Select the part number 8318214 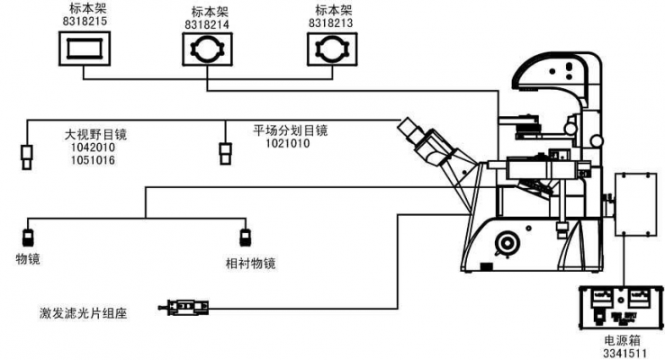pyautogui.click(x=208, y=25)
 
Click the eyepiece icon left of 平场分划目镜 pyautogui.click(x=225, y=154)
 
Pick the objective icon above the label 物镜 pyautogui.click(x=28, y=238)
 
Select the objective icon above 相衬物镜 pyautogui.click(x=244, y=238)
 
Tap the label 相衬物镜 pyautogui.click(x=249, y=264)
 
